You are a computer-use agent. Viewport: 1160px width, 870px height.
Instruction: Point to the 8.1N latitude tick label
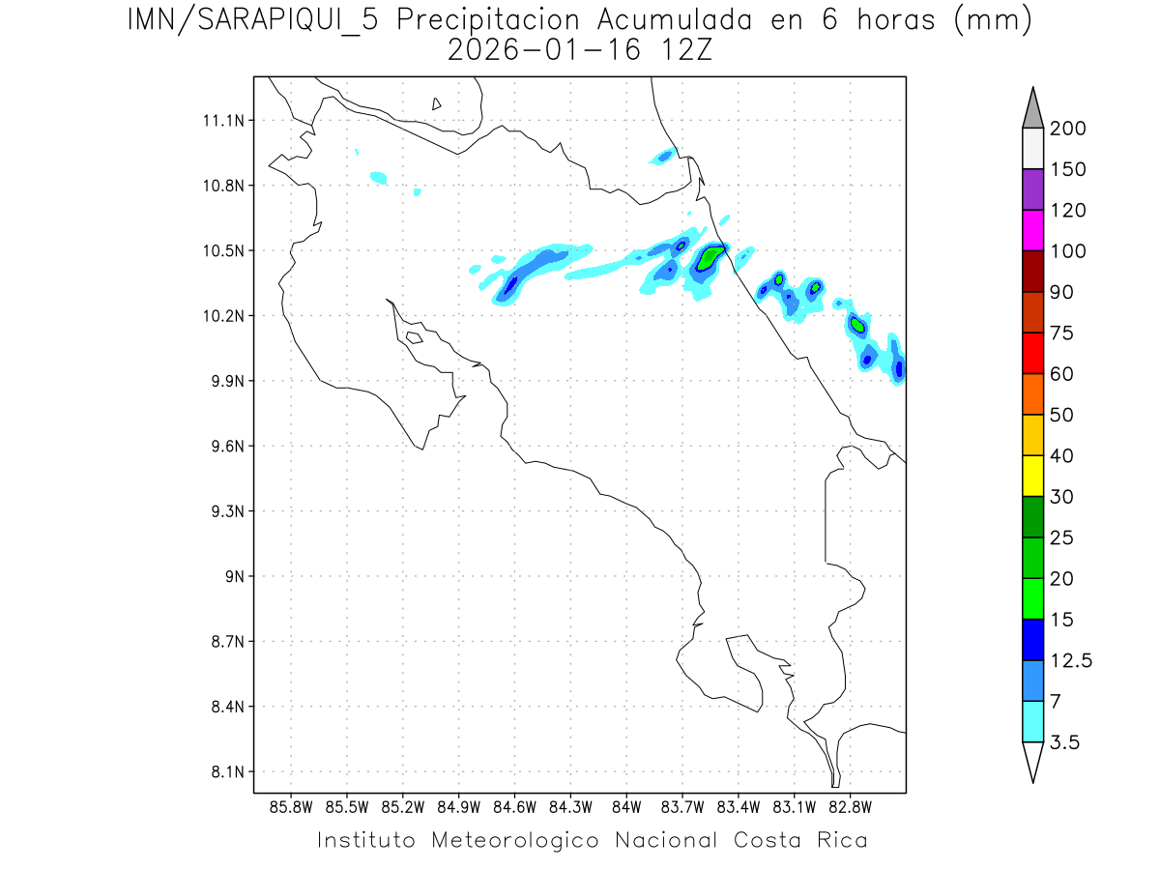pyautogui.click(x=221, y=772)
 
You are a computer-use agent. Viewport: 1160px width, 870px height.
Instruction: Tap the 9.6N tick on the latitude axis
pyautogui.click(x=221, y=447)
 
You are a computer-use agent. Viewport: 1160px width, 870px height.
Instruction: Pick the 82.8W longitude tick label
pyautogui.click(x=850, y=806)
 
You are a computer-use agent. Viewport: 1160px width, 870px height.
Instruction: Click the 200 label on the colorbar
pyautogui.click(x=1068, y=129)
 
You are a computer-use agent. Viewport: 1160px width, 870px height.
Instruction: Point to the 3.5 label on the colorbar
pyautogui.click(x=1065, y=742)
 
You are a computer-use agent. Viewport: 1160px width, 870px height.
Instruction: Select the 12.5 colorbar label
pyautogui.click(x=1070, y=661)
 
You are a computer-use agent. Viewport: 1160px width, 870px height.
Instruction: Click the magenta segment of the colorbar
pyautogui.click(x=1032, y=230)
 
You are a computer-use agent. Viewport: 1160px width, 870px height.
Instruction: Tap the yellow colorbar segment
pyautogui.click(x=1032, y=476)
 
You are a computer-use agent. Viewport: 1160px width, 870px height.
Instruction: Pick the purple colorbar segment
pyautogui.click(x=1032, y=189)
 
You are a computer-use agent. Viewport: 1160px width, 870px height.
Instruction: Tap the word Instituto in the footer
pyautogui.click(x=366, y=840)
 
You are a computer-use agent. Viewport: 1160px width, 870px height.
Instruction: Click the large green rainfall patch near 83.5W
pyautogui.click(x=711, y=257)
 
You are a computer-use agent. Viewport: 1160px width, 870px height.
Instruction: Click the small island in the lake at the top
pyautogui.click(x=437, y=103)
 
